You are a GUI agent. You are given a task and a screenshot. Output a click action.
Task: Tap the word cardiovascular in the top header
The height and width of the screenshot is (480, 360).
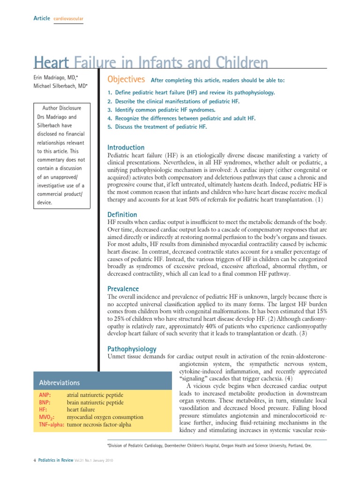tap(68, 18)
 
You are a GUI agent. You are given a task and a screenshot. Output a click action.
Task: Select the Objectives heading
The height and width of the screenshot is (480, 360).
tap(126, 79)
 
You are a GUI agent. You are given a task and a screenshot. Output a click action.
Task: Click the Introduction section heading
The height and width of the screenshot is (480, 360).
tap(126, 148)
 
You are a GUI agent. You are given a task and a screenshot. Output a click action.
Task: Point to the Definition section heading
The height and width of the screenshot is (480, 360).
tap(122, 214)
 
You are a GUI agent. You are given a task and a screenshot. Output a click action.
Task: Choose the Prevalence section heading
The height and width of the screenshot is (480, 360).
tap(123, 289)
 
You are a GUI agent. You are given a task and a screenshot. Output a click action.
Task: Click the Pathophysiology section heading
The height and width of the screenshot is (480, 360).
tap(132, 349)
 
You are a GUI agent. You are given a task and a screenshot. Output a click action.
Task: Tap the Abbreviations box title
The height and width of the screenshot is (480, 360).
tap(60, 382)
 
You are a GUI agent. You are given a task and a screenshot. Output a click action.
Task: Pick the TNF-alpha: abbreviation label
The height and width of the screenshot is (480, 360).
tap(51, 425)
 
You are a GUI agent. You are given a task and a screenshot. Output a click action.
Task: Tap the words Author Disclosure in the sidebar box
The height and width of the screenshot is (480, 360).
tap(61, 108)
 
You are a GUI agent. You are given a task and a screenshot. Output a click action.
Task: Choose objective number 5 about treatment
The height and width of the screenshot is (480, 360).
tap(157, 127)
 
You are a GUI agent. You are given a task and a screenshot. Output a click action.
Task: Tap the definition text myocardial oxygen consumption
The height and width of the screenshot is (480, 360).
tap(105, 417)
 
